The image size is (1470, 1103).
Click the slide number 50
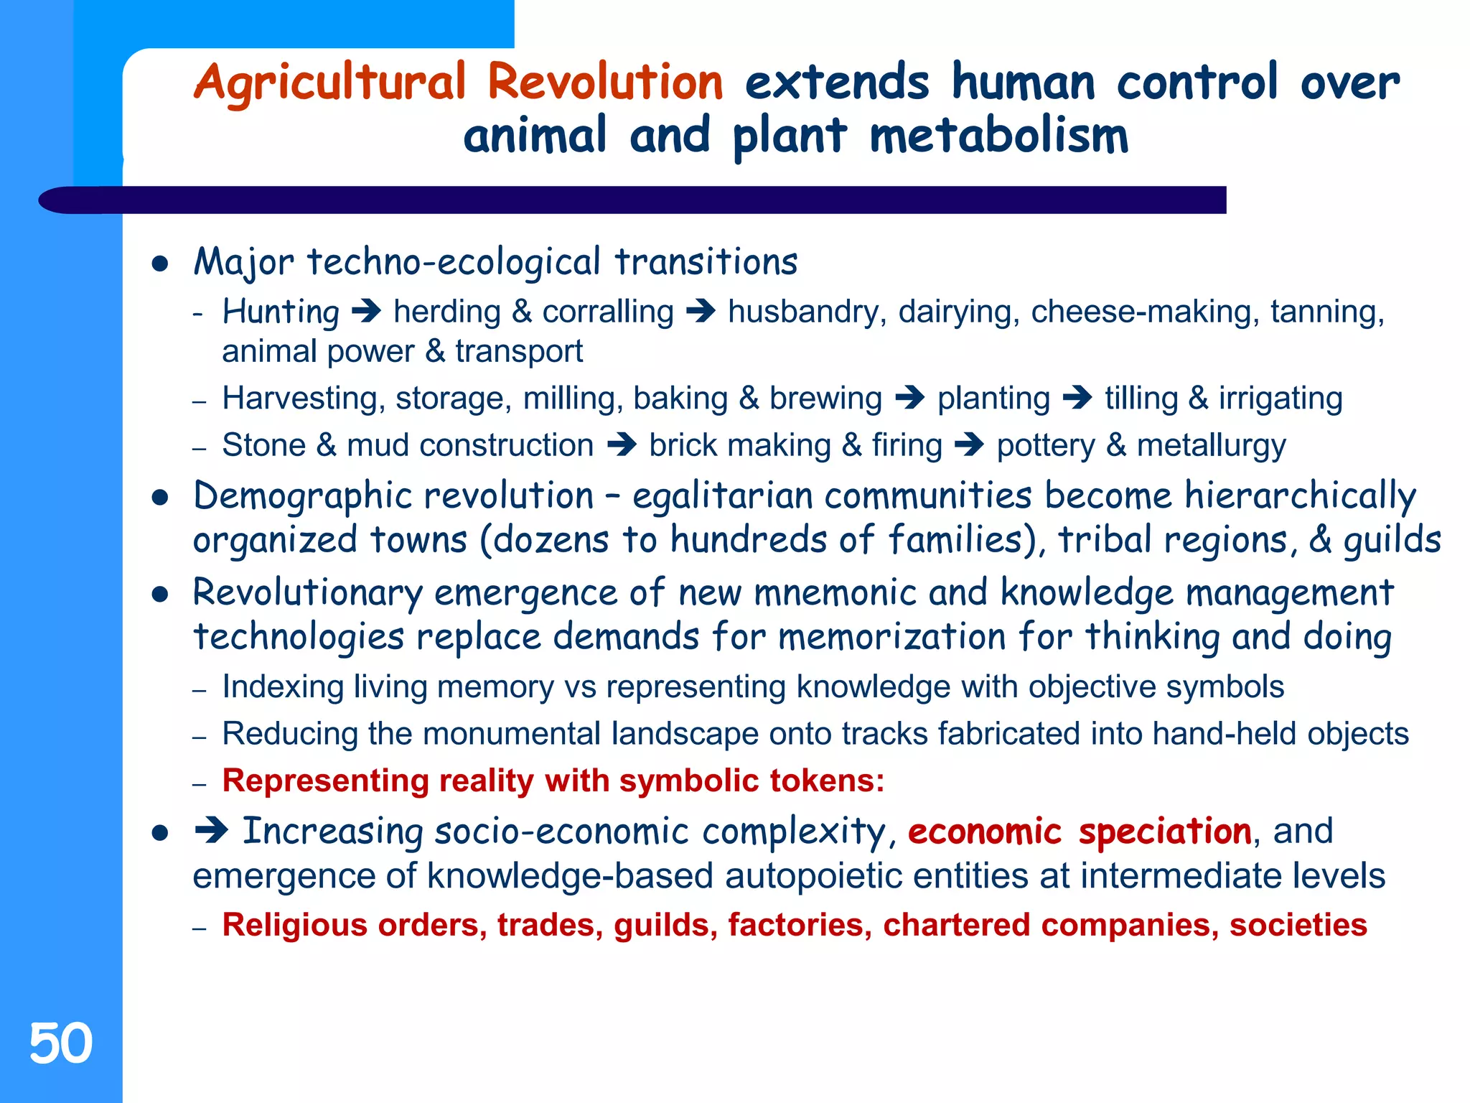pos(61,1043)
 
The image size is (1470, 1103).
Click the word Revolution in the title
pos(605,81)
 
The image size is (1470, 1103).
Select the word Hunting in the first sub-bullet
pos(281,312)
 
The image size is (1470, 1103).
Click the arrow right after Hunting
pos(367,312)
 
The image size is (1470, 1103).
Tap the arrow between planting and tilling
pos(1077,398)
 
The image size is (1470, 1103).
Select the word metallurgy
pos(1212,445)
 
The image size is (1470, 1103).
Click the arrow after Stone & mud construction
pos(622,445)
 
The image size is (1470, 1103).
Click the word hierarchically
pos(1300,496)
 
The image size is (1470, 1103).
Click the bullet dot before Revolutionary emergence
pos(160,595)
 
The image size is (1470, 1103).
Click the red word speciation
pos(1165,832)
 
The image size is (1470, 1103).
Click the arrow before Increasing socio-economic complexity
pos(211,832)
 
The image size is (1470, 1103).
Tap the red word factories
pos(800,925)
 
